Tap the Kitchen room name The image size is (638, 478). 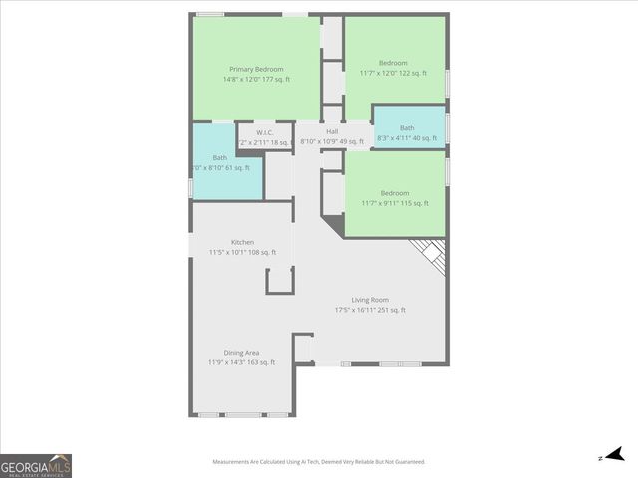(x=243, y=242)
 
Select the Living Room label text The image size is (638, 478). (x=370, y=300)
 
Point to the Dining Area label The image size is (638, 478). (x=242, y=353)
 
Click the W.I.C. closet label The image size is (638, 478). (x=264, y=132)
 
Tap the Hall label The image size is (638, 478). (x=332, y=131)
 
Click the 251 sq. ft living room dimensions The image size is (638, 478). (x=370, y=310)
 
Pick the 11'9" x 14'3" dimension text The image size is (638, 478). (x=242, y=362)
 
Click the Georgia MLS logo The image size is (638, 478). (x=36, y=466)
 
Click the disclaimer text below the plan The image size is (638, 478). (x=319, y=462)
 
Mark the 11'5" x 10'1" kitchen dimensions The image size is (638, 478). (x=243, y=252)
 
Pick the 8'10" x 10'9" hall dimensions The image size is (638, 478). (x=332, y=142)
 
